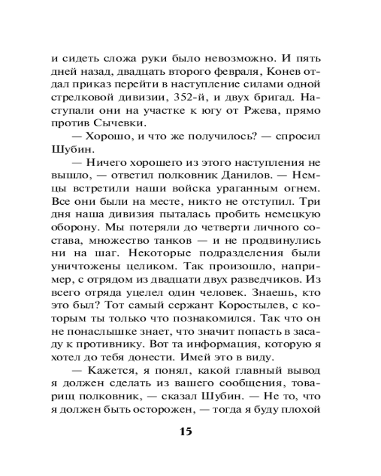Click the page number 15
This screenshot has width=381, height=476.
[x=186, y=432]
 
